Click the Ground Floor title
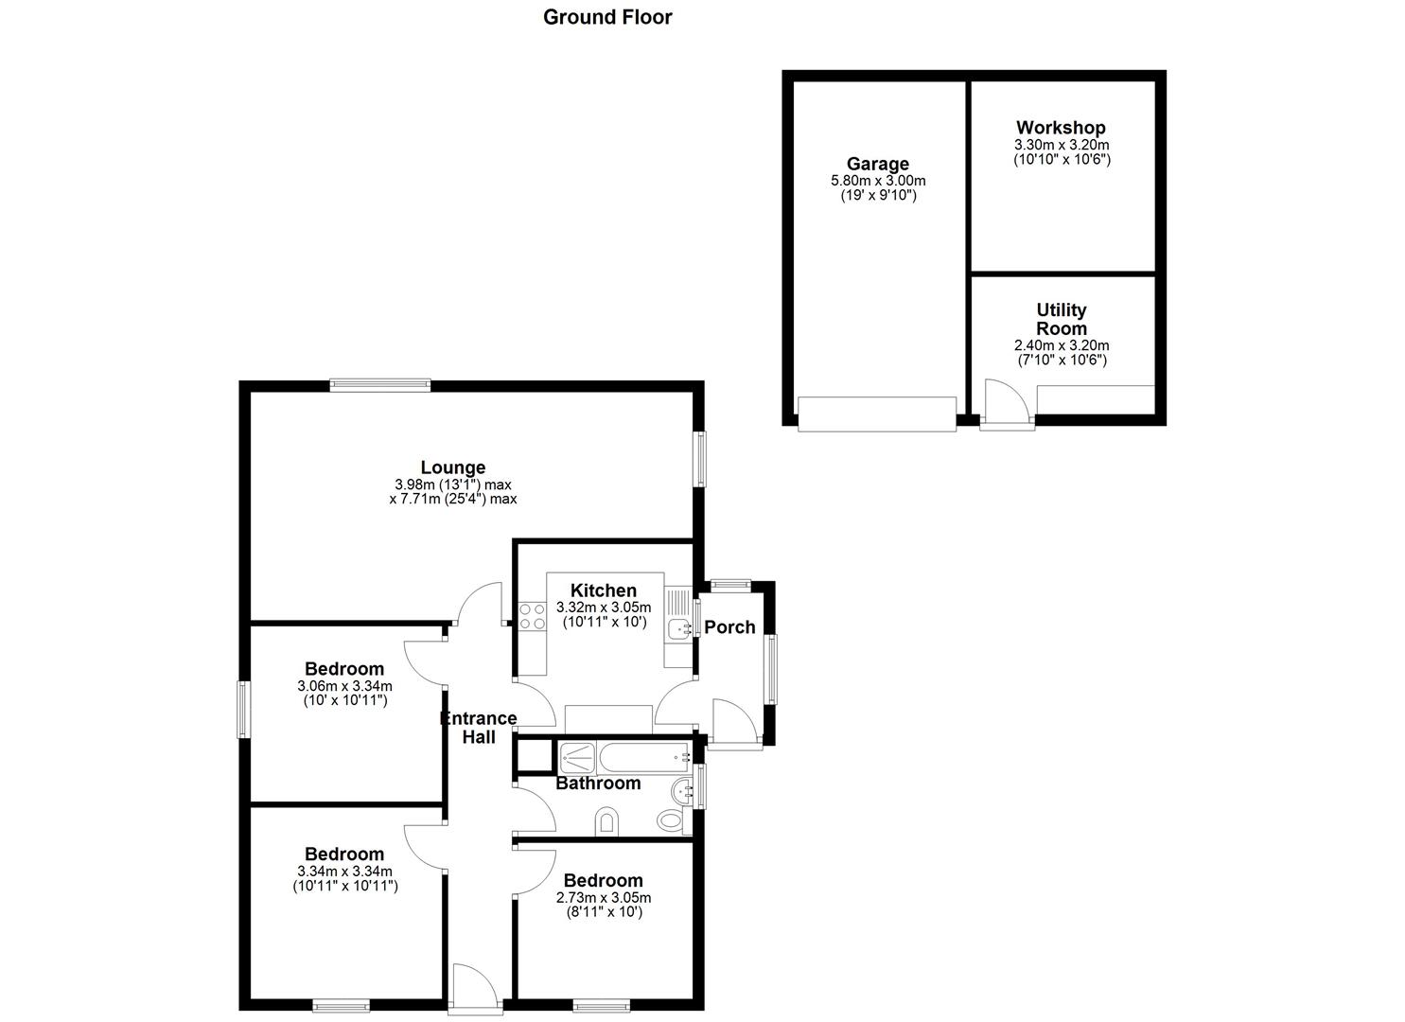click(x=607, y=17)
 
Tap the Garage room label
click(x=877, y=164)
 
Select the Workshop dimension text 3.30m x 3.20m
click(x=1061, y=145)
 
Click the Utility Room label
click(x=1061, y=319)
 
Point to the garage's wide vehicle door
click(x=876, y=414)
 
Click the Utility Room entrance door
click(x=1007, y=405)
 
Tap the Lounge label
click(x=453, y=467)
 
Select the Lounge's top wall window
click(x=380, y=384)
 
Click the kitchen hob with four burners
click(x=533, y=616)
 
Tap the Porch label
click(x=729, y=626)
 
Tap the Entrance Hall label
click(x=479, y=727)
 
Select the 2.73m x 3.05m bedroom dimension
click(x=603, y=897)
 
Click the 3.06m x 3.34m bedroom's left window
click(x=243, y=710)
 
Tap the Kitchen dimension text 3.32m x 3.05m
click(x=603, y=608)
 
